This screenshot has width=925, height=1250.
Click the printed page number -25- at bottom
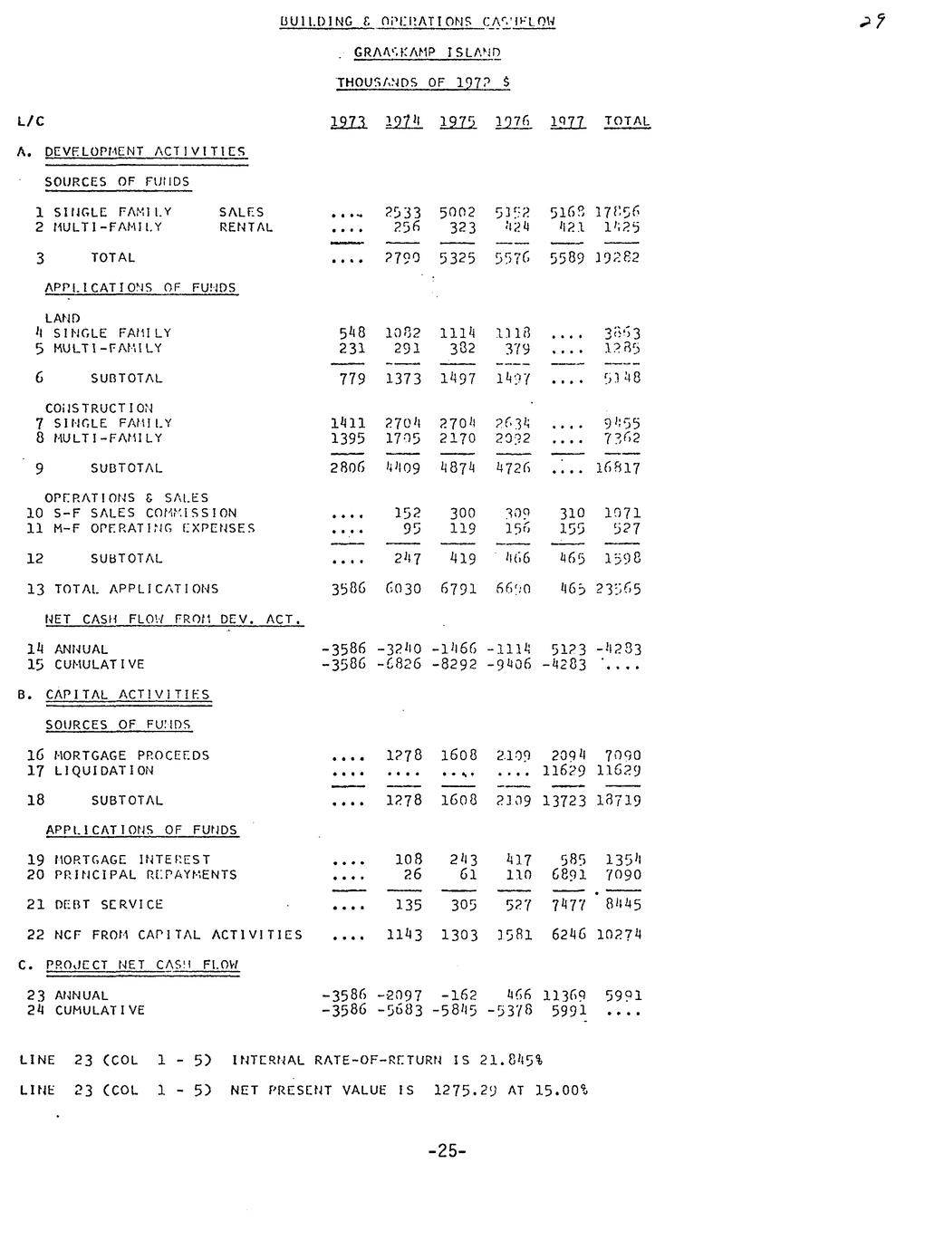(447, 1151)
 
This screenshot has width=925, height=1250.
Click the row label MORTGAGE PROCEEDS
(131, 755)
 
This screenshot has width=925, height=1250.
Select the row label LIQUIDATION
(104, 771)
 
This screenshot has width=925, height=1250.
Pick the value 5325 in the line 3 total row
(458, 257)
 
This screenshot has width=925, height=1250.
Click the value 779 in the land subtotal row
(352, 378)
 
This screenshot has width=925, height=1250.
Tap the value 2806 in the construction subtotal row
(347, 468)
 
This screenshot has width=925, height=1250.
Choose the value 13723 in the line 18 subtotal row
(564, 801)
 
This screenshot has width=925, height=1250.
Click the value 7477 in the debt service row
(568, 905)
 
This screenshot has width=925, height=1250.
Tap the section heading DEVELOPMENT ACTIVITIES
(145, 151)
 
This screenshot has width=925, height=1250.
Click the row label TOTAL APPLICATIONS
(136, 589)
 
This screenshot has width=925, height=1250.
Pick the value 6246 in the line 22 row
(568, 935)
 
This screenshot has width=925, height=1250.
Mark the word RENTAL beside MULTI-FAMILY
(246, 227)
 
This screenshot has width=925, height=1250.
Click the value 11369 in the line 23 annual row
(564, 995)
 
